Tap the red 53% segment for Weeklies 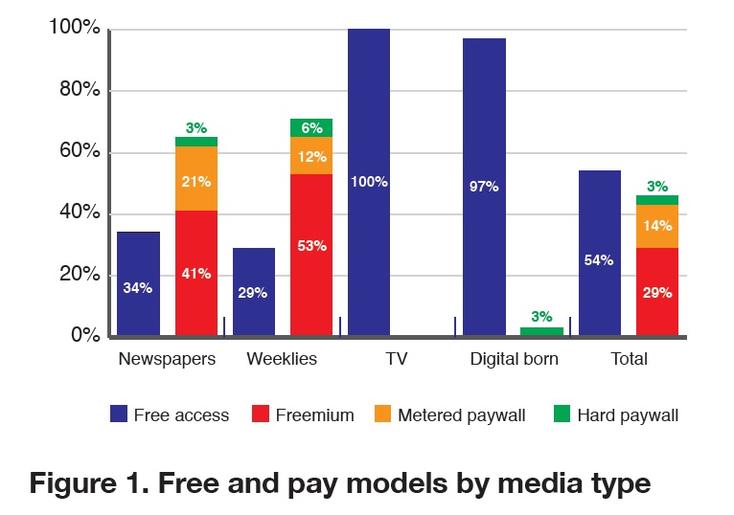[311, 255]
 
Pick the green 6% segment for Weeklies [311, 127]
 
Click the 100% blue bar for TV [369, 182]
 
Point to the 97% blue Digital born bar [484, 187]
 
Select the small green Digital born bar [541, 331]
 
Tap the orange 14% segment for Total [657, 226]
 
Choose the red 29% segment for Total [657, 291]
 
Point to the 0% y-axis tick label [83, 336]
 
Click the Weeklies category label [282, 360]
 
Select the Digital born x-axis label [514, 360]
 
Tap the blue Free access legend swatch [120, 414]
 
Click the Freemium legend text [314, 415]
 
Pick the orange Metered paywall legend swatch [382, 414]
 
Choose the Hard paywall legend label [628, 415]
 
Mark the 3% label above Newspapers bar [196, 127]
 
